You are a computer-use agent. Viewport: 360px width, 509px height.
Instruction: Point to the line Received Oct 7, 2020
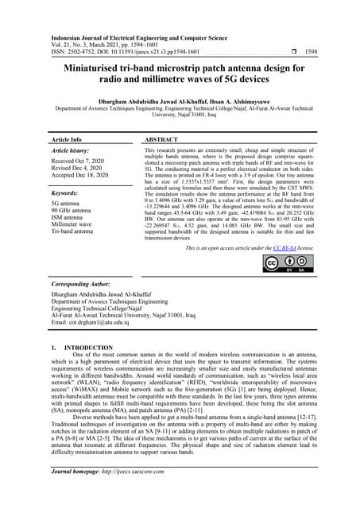click(x=77, y=161)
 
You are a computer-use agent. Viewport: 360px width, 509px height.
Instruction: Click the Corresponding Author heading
click(x=80, y=284)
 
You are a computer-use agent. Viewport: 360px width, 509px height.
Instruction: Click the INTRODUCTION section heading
click(x=80, y=348)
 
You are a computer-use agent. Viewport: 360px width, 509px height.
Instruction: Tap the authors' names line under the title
click(x=180, y=103)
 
